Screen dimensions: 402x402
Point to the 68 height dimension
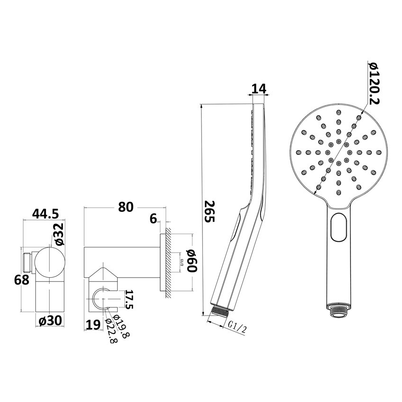click(x=22, y=280)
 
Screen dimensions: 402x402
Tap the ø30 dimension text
click(x=50, y=321)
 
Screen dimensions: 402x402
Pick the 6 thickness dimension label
click(x=153, y=218)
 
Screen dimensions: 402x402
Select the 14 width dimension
click(x=260, y=88)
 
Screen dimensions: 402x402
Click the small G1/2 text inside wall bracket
click(x=182, y=262)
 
